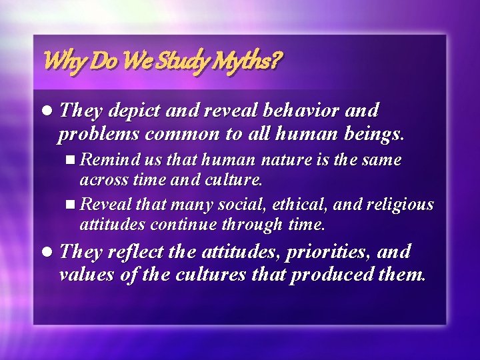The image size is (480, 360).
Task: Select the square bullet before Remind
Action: pos(72,161)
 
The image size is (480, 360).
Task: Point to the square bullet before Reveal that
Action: pos(72,205)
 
